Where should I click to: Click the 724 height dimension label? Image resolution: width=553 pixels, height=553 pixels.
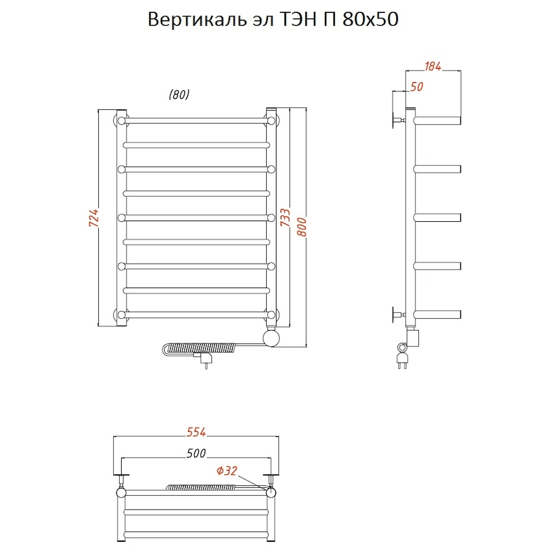tap(93, 219)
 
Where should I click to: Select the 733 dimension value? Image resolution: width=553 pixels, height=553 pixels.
tap(286, 218)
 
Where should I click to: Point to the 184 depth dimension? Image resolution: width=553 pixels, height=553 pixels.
tap(433, 66)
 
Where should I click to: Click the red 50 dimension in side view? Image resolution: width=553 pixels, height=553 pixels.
tap(417, 87)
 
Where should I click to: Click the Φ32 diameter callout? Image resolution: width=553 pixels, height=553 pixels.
tap(226, 472)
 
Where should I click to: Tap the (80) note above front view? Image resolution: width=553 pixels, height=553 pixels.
tap(179, 95)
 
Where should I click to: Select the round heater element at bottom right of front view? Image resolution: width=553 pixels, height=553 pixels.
tap(270, 337)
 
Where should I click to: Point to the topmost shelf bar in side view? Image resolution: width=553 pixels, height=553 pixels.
tap(437, 119)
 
